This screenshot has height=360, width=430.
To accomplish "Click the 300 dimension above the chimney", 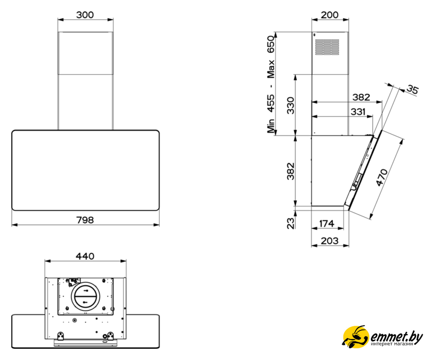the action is [85, 15].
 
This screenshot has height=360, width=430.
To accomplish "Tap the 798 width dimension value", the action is [85, 220].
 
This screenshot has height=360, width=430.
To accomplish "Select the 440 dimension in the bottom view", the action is [85, 256].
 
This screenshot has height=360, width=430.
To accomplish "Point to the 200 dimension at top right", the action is [329, 15].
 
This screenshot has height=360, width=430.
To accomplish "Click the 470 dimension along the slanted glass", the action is [382, 178].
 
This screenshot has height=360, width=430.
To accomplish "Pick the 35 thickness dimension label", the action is [413, 89].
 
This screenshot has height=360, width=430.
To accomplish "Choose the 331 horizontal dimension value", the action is [358, 112].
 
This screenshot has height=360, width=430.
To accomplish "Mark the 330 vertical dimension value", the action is [291, 105].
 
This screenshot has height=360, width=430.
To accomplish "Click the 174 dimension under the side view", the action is [327, 224].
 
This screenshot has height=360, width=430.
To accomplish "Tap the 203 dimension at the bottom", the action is [329, 241].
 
